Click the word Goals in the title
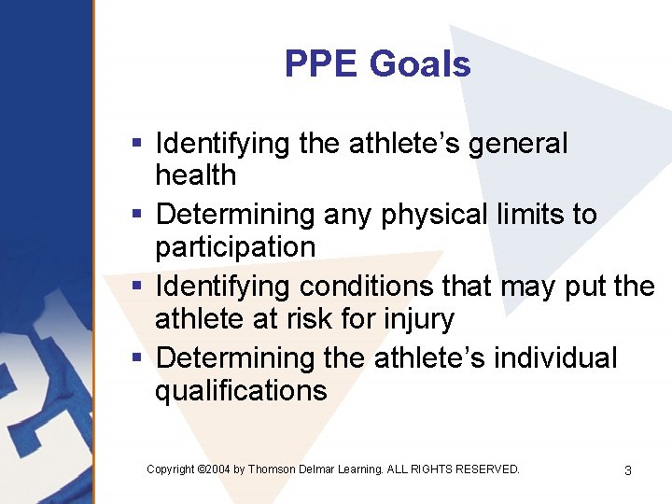click(420, 64)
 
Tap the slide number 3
click(627, 470)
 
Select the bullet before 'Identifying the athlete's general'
click(137, 144)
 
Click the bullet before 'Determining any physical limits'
click(137, 215)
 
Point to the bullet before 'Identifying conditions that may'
click(137, 287)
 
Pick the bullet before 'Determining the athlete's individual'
click(137, 357)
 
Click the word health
click(195, 175)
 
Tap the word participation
click(235, 248)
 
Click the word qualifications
click(241, 391)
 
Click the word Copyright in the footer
click(171, 469)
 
